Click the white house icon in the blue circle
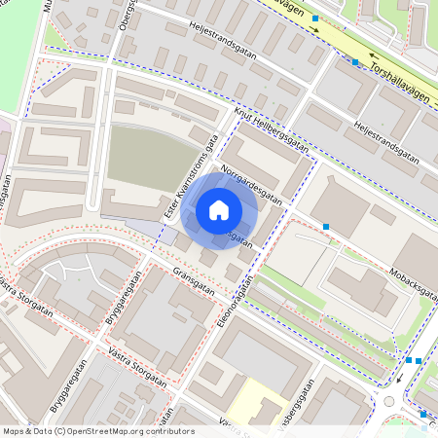click(219, 209)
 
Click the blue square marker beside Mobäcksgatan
click(326, 227)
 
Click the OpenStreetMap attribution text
click(97, 431)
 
